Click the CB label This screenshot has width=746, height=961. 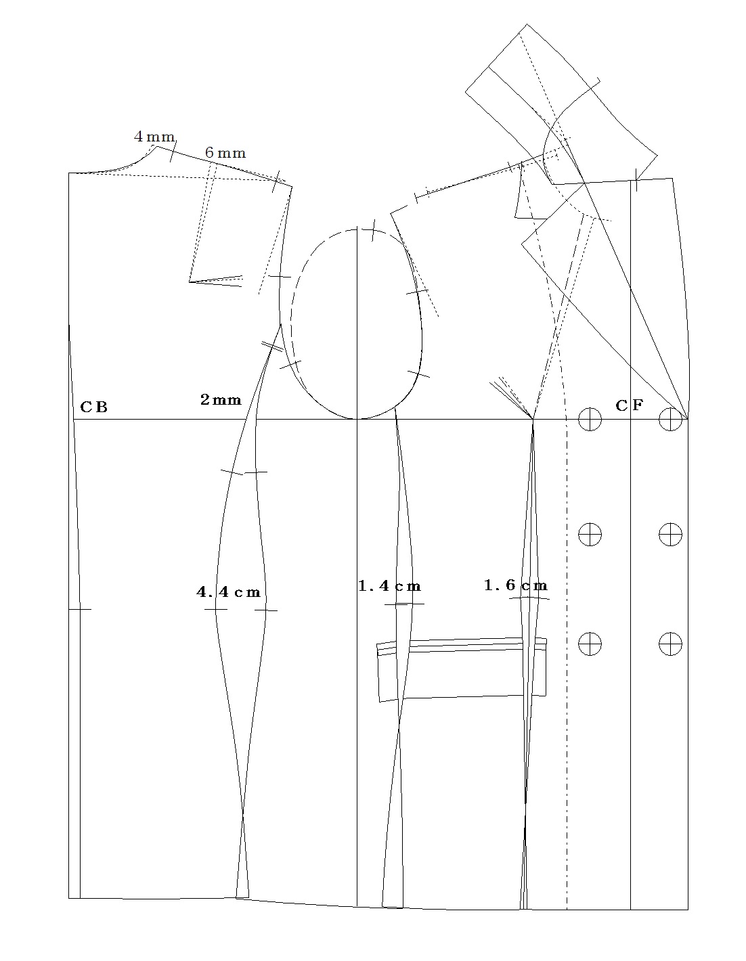click(x=93, y=407)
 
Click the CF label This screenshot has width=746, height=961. click(x=630, y=405)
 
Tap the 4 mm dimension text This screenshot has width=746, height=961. click(x=154, y=136)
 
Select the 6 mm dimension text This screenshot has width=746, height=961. click(x=225, y=153)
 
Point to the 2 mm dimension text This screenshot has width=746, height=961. click(x=221, y=400)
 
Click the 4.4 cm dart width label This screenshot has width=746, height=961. click(x=229, y=591)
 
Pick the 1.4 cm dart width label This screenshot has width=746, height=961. click(x=389, y=586)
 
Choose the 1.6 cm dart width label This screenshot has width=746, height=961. click(x=516, y=585)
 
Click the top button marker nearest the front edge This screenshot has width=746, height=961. click(x=670, y=419)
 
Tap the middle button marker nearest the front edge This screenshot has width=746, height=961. click(x=670, y=534)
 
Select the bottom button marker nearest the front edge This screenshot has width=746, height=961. click(x=670, y=644)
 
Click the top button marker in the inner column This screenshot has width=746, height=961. click(x=590, y=419)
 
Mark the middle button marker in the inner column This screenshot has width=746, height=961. click(x=590, y=534)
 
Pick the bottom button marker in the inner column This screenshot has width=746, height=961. click(x=590, y=644)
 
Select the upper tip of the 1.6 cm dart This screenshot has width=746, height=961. click(x=533, y=420)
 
